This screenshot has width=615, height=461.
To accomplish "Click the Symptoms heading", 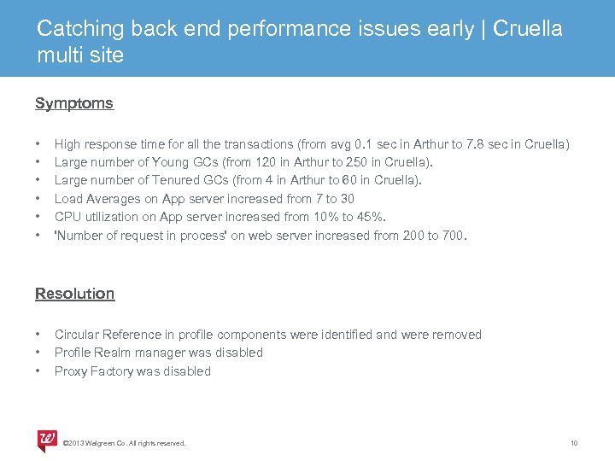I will point(73,103).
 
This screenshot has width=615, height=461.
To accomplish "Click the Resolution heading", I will point(74,294).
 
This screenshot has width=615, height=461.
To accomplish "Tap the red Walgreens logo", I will point(47,441).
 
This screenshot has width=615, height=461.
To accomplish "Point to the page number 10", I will point(574,443).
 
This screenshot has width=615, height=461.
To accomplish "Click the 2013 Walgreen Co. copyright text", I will point(125,443).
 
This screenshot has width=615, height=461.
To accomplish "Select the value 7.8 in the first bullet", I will point(477,144).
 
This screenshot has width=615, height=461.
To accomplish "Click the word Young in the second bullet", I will point(175,162).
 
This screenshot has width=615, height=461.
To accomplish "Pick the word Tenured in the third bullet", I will point(175,180).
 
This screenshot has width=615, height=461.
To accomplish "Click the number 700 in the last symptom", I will point(451,236).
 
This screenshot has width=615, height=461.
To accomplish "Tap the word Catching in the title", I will point(81,28).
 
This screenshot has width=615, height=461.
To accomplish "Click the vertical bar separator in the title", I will point(483,28).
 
